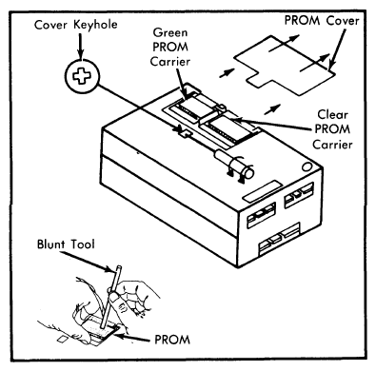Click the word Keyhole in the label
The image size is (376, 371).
95,25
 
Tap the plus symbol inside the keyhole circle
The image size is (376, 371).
82,76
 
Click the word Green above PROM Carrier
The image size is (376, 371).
170,32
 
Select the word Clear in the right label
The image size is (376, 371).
332,114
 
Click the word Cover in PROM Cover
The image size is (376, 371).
343,21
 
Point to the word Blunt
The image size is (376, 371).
51,244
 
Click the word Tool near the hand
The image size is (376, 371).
83,244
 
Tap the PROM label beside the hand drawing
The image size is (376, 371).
172,340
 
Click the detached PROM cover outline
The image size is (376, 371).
284,65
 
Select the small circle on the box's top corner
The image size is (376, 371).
307,166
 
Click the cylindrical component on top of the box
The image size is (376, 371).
234,164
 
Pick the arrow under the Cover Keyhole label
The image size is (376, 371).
80,46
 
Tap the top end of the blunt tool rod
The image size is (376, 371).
119,266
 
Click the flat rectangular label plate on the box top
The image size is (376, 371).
263,191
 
